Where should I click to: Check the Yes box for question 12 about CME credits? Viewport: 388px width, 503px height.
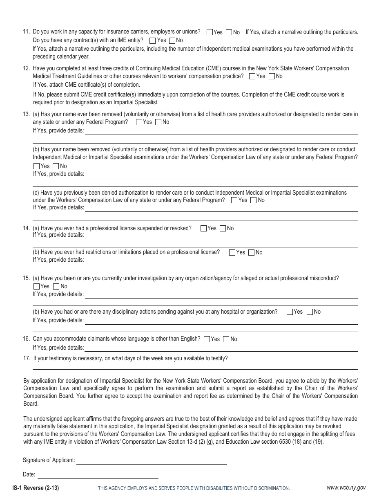click(x=252, y=76)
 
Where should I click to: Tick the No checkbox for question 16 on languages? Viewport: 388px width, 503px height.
click(x=227, y=339)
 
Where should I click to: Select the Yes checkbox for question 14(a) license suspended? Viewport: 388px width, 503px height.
click(x=203, y=229)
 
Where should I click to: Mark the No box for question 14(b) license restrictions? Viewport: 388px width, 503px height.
click(x=251, y=253)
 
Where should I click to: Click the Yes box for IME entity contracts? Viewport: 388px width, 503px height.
click(x=152, y=40)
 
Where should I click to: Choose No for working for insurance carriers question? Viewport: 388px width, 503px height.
click(x=229, y=32)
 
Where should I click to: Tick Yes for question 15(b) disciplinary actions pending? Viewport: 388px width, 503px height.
click(x=290, y=312)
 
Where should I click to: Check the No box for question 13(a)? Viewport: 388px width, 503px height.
click(x=158, y=122)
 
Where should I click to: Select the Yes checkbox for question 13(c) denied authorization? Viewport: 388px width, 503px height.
click(x=234, y=200)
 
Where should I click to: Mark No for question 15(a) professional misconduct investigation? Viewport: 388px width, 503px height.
click(x=56, y=287)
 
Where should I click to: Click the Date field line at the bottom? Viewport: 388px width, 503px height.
click(x=98, y=476)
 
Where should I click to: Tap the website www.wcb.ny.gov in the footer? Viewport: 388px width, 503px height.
click(x=346, y=487)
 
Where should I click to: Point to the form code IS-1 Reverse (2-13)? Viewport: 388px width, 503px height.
click(x=36, y=488)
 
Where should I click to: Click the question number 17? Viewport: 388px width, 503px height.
click(x=27, y=358)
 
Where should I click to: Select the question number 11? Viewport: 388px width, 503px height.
click(x=27, y=32)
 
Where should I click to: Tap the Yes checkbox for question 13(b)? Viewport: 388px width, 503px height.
click(x=36, y=166)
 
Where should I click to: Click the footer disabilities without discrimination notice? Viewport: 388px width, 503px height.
click(x=194, y=488)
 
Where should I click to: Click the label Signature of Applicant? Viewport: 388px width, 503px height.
click(x=49, y=460)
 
